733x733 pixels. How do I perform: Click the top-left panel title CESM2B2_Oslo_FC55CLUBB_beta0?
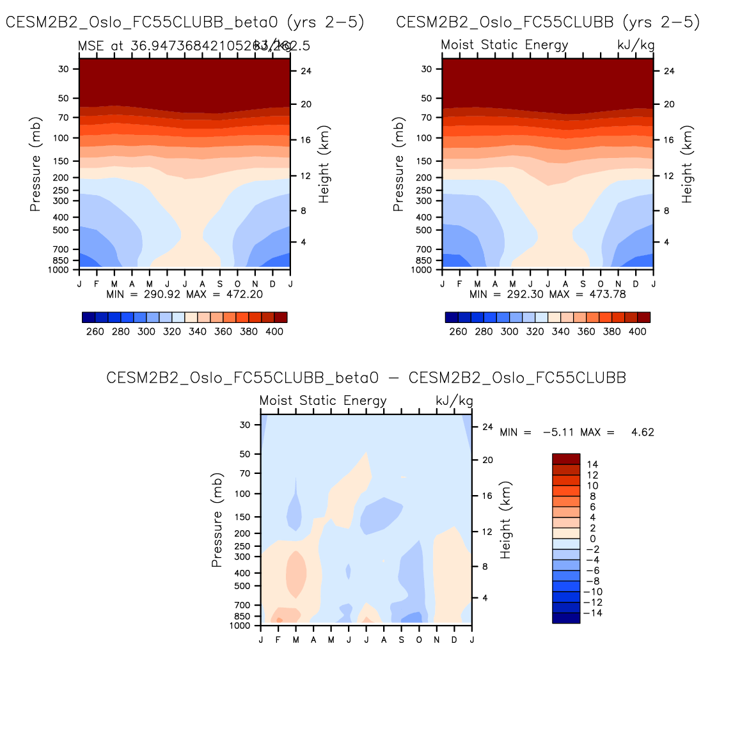tap(185, 22)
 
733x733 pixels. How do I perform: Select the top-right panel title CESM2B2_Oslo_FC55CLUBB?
tap(548, 22)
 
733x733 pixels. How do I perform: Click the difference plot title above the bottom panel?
tap(366, 378)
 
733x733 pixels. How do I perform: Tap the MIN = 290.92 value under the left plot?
tap(144, 294)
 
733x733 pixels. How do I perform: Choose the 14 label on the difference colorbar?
tap(592, 464)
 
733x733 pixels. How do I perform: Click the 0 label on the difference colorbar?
tap(593, 539)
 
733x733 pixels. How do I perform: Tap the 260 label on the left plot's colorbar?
tap(95, 331)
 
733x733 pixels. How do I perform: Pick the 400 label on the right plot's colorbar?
tap(638, 331)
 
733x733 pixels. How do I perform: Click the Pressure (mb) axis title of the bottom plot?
tap(216, 520)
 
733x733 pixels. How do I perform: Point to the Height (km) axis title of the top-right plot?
tap(687, 164)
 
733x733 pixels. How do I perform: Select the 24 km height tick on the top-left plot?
tap(306, 71)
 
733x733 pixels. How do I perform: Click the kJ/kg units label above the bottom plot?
tap(454, 401)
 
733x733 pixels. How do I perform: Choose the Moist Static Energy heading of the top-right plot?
tap(505, 45)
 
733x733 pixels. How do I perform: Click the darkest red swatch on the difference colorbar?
tap(566, 459)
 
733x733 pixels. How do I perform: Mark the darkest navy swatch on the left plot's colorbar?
tap(89, 317)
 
